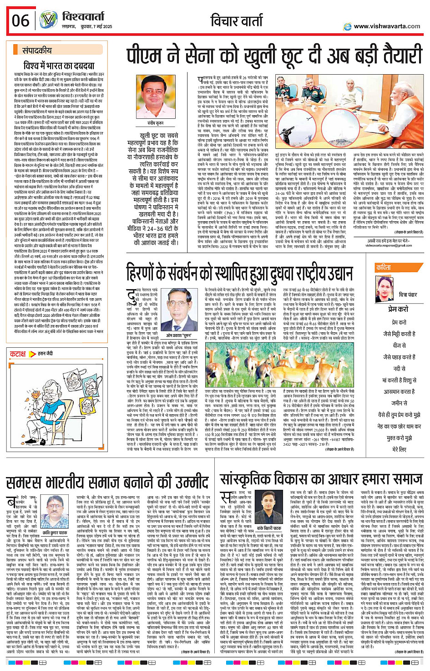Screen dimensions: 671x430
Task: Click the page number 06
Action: point(20,21)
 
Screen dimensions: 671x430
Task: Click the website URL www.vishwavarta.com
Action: point(386,26)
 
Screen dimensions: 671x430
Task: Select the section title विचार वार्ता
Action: point(237,21)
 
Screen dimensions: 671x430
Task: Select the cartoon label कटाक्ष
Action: point(18,353)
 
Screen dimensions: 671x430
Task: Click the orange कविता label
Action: point(383,268)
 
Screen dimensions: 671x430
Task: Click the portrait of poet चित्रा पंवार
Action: point(385,288)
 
